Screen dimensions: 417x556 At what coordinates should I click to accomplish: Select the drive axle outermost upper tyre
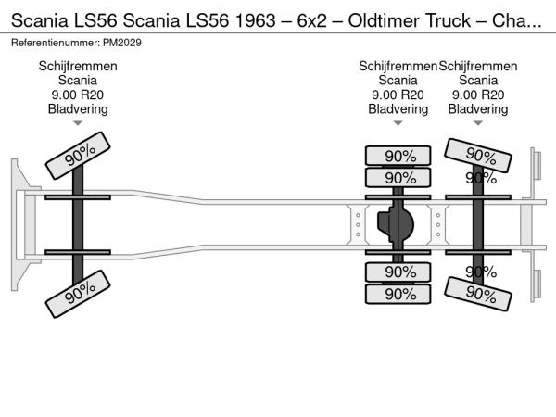pos(398,156)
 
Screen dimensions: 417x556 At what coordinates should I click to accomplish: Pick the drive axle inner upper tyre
pos(398,178)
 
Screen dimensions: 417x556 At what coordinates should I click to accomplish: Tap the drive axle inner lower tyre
pos(398,272)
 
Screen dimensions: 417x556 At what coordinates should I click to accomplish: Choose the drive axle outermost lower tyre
pos(398,294)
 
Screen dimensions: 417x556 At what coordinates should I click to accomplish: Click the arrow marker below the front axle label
pos(78,122)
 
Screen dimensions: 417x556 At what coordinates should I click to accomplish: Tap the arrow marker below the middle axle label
pos(398,122)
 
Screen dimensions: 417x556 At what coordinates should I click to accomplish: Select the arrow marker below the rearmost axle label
pos(478,122)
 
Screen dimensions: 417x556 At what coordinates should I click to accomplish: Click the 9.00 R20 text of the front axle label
pos(78,95)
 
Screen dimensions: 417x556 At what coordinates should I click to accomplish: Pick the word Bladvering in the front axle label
pos(78,108)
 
